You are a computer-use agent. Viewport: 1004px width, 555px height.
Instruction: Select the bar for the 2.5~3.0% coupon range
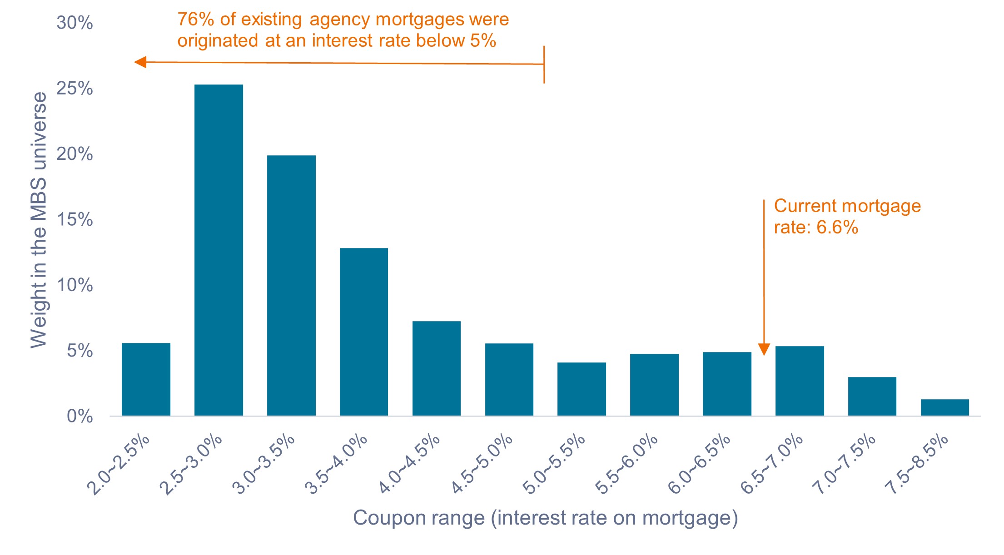[x=219, y=250]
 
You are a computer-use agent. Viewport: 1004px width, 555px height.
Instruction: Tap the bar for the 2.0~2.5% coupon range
[x=146, y=379]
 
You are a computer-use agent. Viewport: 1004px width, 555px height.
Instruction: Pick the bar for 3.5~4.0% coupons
[x=364, y=332]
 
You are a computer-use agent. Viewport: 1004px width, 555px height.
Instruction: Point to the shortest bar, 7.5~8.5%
[x=944, y=407]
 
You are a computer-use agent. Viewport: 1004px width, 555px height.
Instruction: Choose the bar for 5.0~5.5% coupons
[x=582, y=389]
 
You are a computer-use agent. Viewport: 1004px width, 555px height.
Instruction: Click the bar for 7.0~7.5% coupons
[x=872, y=396]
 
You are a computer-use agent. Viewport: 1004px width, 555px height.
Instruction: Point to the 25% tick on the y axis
[x=75, y=89]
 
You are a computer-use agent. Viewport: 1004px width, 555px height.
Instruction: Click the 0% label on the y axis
[x=80, y=416]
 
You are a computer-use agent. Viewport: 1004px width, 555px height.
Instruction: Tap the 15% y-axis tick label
[x=75, y=220]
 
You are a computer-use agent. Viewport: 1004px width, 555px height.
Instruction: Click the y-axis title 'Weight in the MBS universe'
[x=39, y=220]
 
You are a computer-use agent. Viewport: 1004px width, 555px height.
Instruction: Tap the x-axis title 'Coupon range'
[x=545, y=518]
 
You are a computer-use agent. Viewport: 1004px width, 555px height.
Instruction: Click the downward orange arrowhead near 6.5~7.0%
[x=764, y=349]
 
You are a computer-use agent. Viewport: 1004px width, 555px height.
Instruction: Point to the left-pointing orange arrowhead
[x=140, y=62]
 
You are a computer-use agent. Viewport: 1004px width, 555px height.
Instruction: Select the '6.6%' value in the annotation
[x=837, y=227]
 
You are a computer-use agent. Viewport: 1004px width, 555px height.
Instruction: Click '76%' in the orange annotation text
[x=195, y=20]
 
